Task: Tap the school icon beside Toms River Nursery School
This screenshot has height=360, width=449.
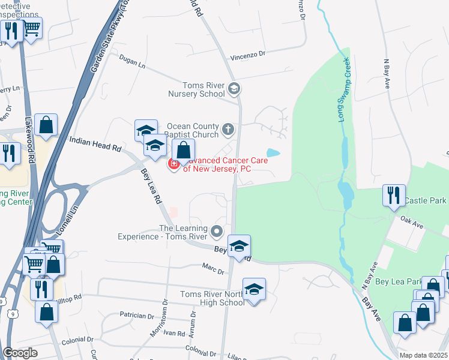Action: coord(234,89)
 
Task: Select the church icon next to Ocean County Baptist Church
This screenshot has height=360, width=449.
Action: coord(228,128)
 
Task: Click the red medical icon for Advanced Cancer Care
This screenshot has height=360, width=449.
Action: coord(174,164)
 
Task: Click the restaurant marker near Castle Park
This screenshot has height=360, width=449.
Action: coord(394,195)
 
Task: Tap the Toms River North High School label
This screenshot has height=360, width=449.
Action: coord(213,298)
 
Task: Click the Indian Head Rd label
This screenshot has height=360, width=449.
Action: coord(95,143)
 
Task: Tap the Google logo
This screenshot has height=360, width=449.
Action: coord(20,352)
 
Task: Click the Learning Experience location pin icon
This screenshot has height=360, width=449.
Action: coord(217,230)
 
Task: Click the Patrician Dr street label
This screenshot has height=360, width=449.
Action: coord(137,315)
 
